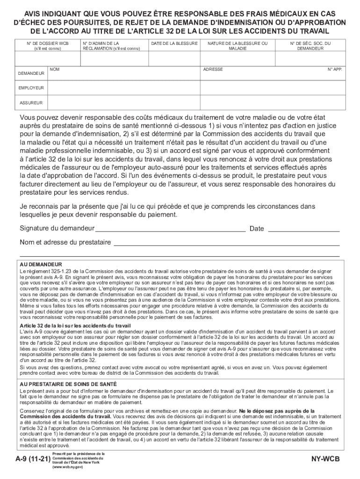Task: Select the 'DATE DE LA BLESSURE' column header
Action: coord(174,43)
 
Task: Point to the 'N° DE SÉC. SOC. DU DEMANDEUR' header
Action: coord(310,45)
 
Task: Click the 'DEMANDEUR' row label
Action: coord(31,73)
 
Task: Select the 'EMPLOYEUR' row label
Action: coord(31,88)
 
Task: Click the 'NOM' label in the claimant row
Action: coord(55,69)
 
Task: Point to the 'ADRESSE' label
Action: coord(213,69)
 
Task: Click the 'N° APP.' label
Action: coord(335,69)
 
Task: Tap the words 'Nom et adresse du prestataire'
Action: coord(65,242)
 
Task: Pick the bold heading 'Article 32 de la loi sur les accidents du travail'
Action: coord(75,326)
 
